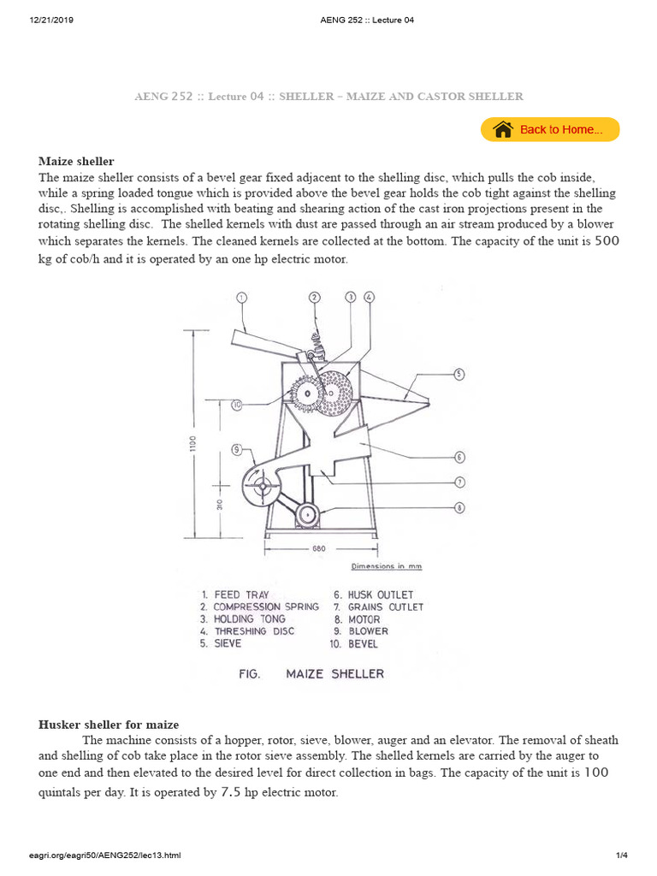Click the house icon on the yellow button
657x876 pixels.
[x=503, y=129]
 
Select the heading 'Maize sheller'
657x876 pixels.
[x=76, y=161]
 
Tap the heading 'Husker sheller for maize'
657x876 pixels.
[x=109, y=725]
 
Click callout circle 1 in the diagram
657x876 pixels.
[x=241, y=297]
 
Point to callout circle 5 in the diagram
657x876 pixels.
[x=459, y=374]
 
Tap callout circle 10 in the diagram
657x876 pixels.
[x=237, y=404]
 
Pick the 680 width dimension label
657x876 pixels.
[x=318, y=548]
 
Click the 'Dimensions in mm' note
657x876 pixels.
[x=386, y=566]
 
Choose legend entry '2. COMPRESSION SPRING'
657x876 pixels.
[x=259, y=607]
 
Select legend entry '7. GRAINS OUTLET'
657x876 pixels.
[x=378, y=607]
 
